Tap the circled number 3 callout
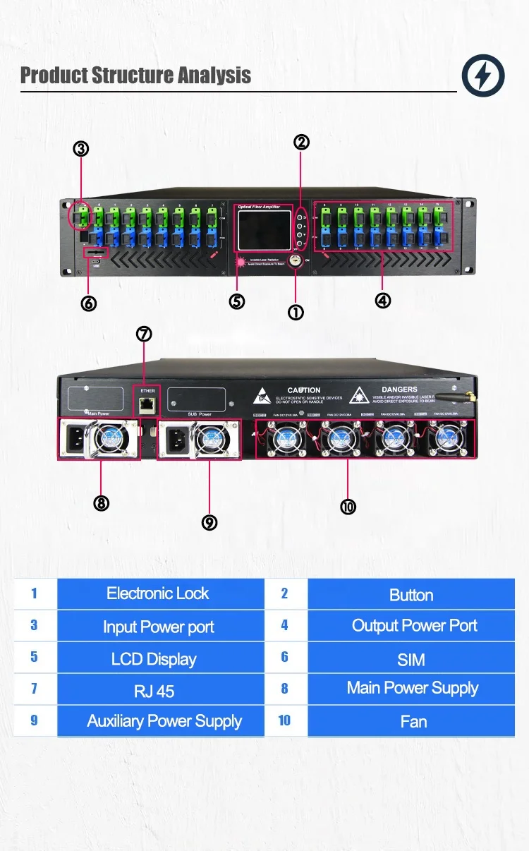(x=81, y=149)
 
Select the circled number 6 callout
(x=89, y=303)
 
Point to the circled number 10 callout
(x=348, y=507)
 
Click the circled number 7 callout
(x=145, y=334)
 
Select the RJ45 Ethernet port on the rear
(x=147, y=404)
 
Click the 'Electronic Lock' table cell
(x=159, y=593)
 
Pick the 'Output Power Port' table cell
(x=414, y=625)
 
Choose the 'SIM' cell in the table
(x=411, y=660)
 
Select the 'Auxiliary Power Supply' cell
(x=164, y=721)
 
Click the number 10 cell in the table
(x=284, y=720)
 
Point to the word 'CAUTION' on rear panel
(x=304, y=390)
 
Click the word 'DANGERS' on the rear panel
(x=399, y=390)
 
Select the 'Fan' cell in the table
(x=413, y=722)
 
